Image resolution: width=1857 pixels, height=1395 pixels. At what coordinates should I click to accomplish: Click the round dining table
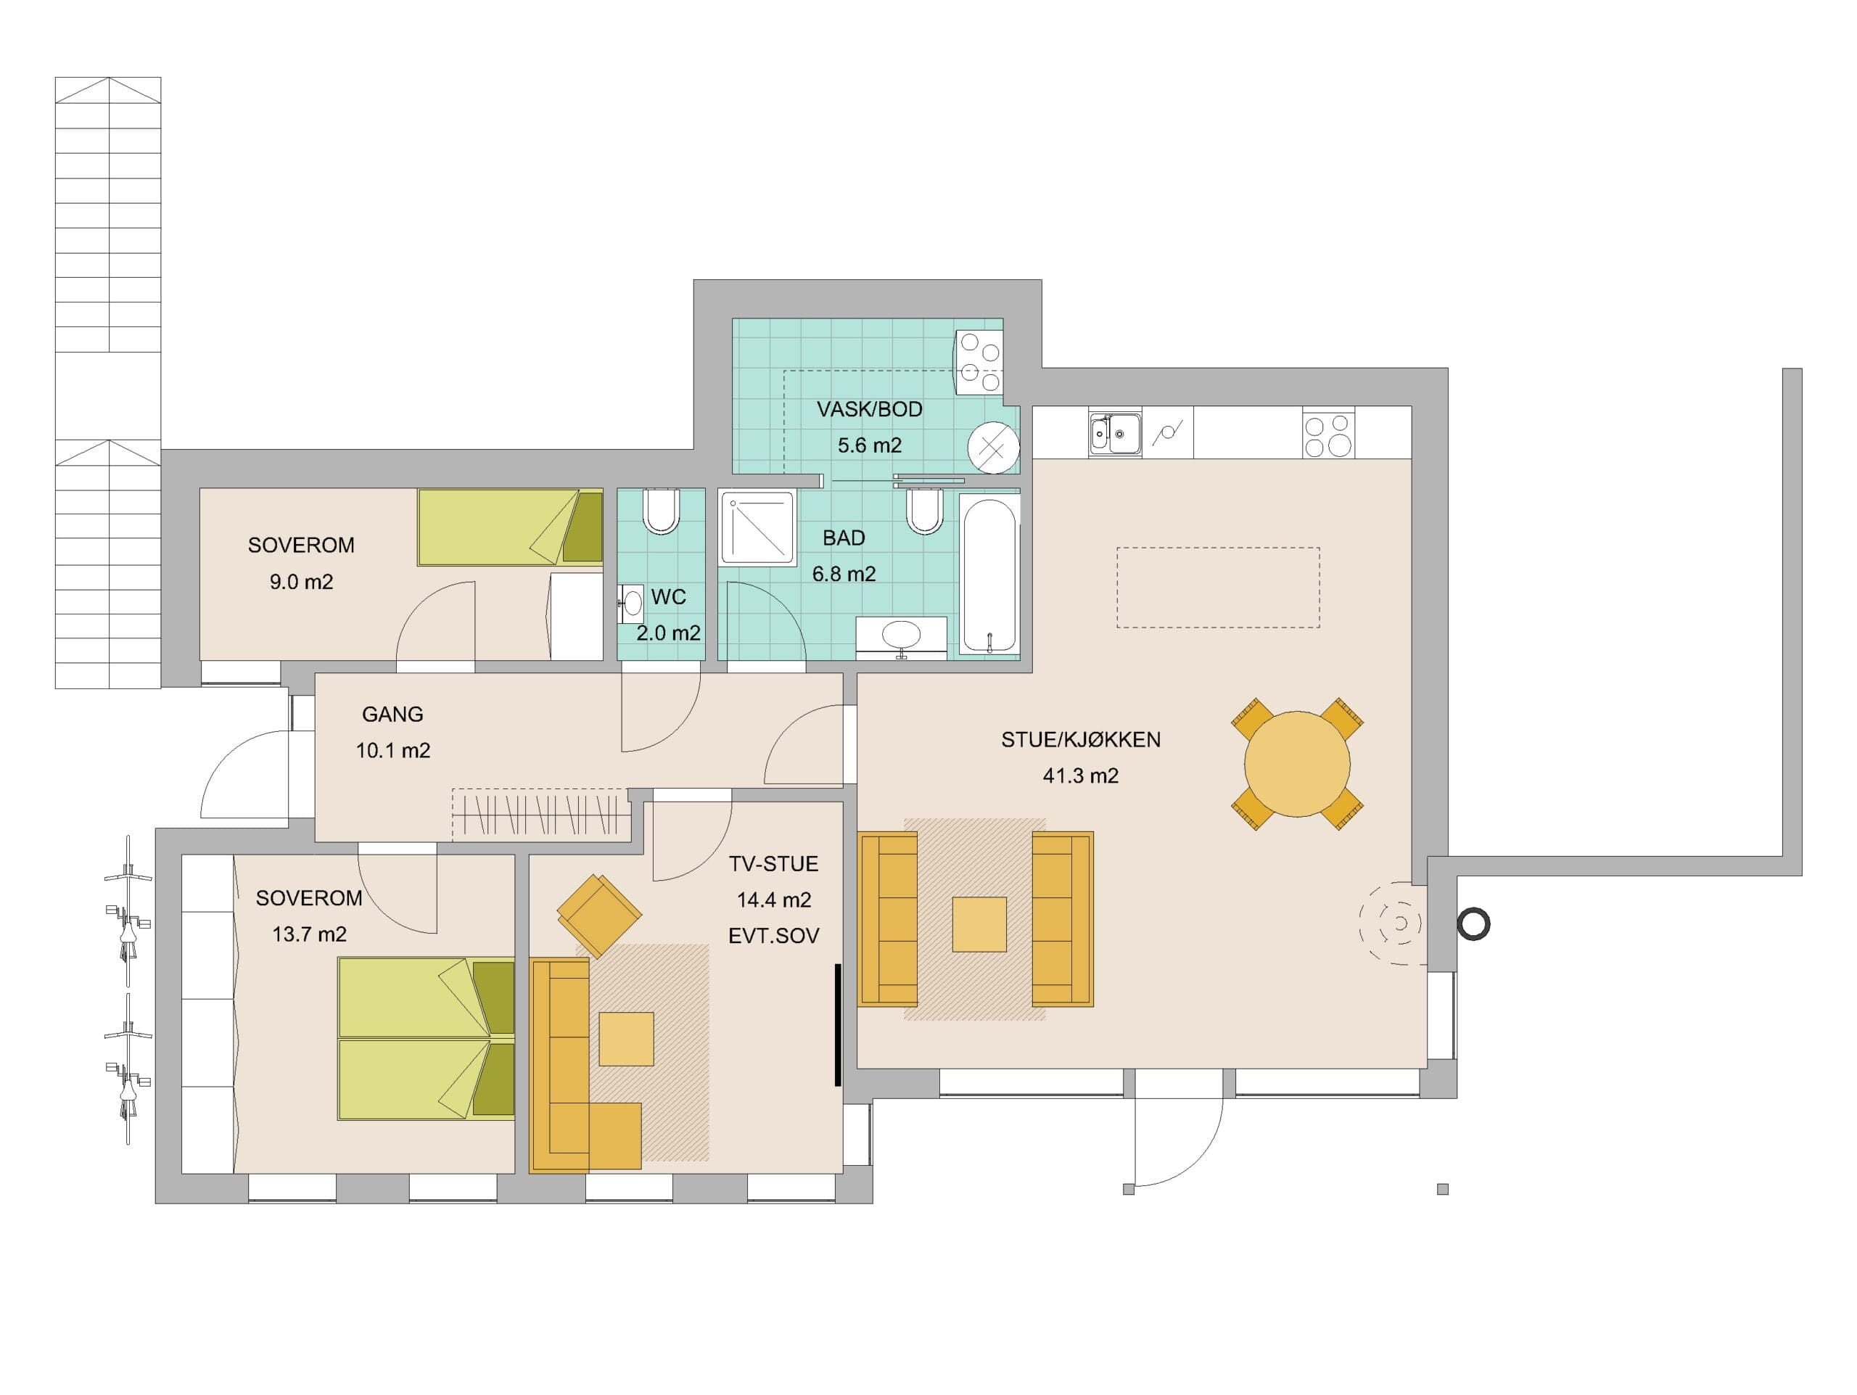coord(1297,764)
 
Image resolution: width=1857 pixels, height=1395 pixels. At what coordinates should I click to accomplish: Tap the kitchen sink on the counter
coord(1115,433)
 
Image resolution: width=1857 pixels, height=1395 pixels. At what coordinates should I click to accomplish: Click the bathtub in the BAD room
coord(989,577)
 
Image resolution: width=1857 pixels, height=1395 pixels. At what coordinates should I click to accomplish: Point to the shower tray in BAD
coord(758,528)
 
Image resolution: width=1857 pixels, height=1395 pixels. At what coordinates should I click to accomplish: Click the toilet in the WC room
coord(661,511)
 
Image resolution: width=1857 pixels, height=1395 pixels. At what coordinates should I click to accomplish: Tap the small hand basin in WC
coord(631,604)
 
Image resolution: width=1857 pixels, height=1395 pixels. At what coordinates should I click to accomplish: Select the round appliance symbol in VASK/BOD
coord(993,448)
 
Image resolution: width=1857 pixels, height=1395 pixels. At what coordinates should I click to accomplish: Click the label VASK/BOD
coord(870,410)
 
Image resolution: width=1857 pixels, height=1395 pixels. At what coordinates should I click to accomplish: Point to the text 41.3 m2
coord(1080,775)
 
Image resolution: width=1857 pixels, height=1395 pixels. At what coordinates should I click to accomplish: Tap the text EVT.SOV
coord(773,936)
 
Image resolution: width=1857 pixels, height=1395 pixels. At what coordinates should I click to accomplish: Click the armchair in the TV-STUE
coord(598,915)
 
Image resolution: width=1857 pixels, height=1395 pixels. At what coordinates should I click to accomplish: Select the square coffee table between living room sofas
coord(979,924)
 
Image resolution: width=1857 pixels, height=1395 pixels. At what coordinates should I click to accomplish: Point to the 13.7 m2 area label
coord(309,934)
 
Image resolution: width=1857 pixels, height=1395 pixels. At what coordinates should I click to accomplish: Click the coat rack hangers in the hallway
coord(541,813)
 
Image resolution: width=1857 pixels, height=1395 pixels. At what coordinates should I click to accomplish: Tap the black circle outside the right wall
coord(1473,924)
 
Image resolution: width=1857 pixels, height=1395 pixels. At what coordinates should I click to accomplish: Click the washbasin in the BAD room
coord(901,635)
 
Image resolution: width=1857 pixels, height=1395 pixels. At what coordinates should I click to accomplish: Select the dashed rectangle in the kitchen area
coord(1218,588)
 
